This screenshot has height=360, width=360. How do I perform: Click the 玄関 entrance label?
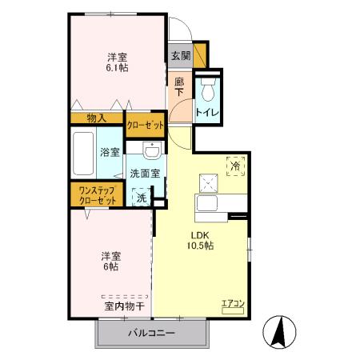pos(181,56)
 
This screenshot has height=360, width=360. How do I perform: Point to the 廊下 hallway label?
pos(180,85)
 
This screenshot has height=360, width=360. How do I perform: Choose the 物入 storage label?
pos(97,118)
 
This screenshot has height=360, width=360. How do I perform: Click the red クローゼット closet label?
pos(146,124)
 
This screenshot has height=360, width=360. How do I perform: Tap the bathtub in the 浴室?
pos(82,154)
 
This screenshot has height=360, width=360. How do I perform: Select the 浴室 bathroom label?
pos(110,152)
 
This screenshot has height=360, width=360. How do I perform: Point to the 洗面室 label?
pos(145,173)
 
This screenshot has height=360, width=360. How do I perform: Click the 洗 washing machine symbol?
pos(141,197)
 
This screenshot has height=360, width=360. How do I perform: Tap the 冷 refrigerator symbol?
pos(235,165)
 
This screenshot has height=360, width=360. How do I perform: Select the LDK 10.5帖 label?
pos(200,240)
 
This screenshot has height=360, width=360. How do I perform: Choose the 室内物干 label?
pos(124,306)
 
